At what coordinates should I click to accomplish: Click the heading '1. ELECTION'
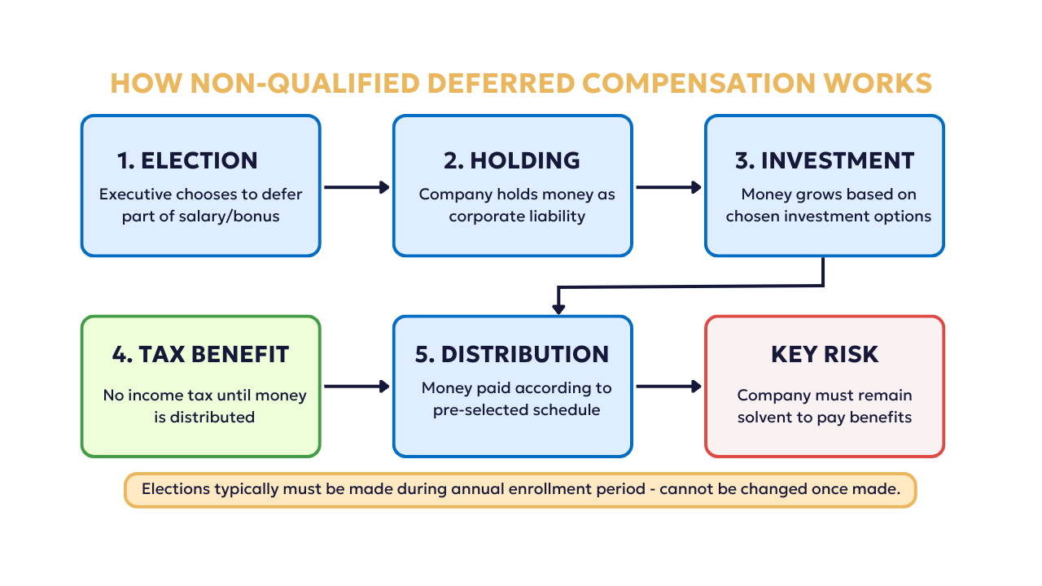187,160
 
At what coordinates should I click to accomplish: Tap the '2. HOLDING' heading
512,160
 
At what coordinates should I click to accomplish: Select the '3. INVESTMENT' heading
825,160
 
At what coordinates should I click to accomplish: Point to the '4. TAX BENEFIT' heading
200,354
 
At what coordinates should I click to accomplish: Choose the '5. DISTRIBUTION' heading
512,354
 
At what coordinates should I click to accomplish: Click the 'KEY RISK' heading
825,354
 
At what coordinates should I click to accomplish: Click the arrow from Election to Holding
357,187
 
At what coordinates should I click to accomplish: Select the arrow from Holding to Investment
669,187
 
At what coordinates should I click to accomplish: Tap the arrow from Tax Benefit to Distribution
357,386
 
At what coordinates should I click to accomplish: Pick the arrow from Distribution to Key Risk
669,386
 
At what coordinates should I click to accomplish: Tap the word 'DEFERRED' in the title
501,83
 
